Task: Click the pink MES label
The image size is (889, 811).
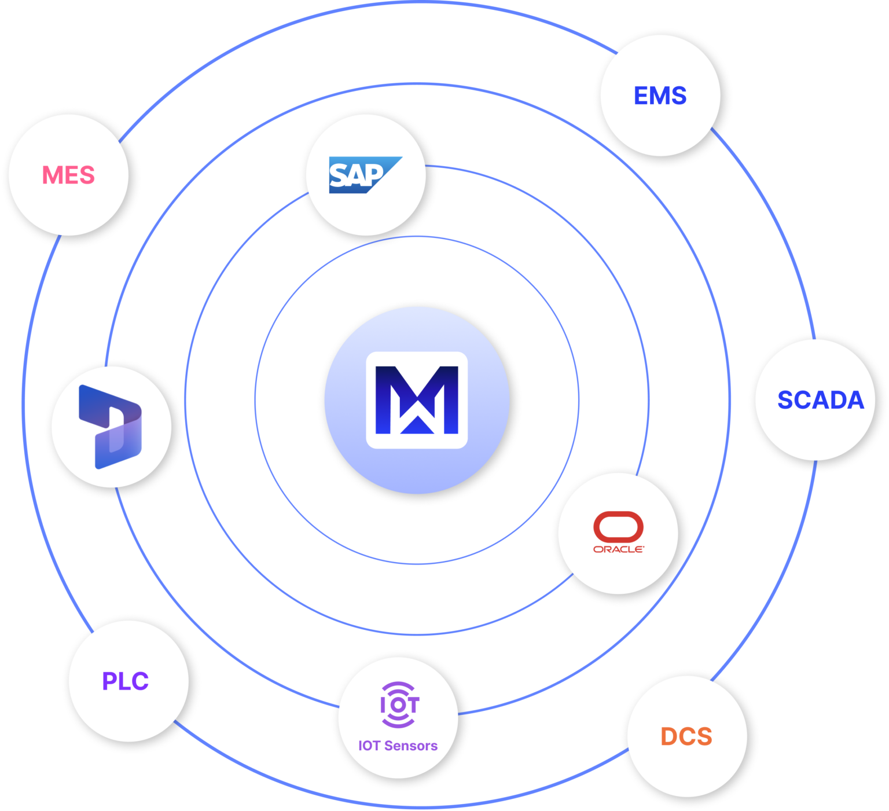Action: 68,175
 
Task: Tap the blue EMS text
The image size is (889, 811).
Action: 660,96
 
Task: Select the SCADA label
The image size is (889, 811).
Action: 820,400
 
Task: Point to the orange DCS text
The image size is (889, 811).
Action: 686,736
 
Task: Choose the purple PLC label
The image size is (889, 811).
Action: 126,681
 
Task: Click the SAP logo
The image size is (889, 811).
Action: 365,174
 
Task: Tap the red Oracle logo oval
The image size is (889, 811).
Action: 618,526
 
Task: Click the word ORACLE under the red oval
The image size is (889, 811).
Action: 618,549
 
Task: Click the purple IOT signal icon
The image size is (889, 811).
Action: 399,704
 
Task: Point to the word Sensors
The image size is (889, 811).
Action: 411,746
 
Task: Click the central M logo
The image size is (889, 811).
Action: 417,400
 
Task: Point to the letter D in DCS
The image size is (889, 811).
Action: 669,736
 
